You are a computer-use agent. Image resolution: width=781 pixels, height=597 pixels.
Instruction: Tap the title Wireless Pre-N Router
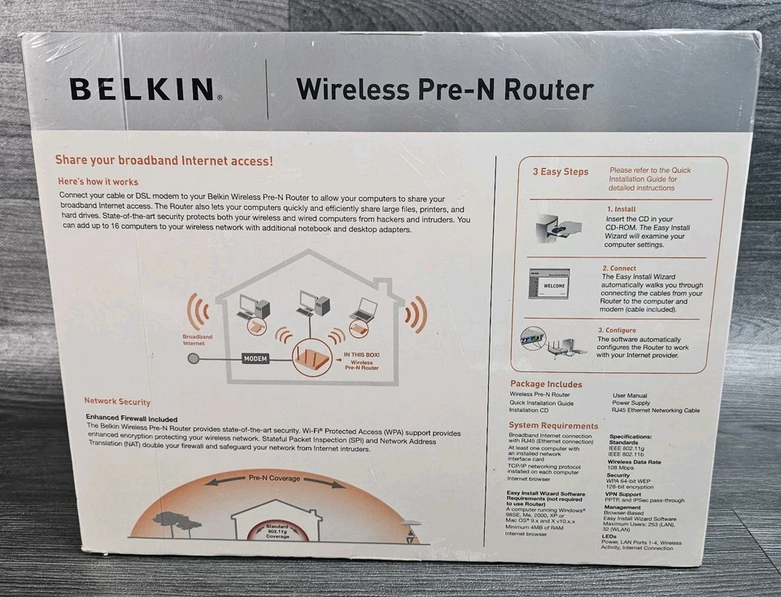click(444, 88)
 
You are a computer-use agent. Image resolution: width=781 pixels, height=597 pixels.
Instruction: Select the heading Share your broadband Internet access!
click(164, 160)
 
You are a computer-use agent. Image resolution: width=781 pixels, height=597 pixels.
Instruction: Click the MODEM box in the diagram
click(255, 358)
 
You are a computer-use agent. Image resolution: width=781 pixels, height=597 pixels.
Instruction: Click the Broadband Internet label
click(198, 340)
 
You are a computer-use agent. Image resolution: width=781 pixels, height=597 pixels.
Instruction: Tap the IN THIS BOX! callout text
click(362, 355)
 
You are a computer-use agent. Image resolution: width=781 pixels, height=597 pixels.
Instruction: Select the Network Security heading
click(117, 402)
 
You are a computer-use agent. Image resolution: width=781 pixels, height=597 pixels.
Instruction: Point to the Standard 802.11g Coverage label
click(277, 531)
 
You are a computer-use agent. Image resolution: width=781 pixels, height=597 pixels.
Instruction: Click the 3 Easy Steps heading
click(561, 172)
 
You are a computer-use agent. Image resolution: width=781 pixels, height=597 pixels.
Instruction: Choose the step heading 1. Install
click(621, 209)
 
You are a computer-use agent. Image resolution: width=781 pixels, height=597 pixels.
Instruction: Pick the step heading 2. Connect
click(619, 268)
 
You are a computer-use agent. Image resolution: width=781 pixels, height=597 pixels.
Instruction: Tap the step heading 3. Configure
click(621, 330)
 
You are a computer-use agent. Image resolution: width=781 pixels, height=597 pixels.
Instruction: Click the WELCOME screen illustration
click(549, 286)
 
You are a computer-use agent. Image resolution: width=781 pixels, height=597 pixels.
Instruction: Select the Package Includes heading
click(546, 384)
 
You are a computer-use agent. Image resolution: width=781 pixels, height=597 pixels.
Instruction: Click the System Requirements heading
click(553, 425)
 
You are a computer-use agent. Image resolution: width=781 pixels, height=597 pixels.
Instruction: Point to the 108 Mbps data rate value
click(622, 468)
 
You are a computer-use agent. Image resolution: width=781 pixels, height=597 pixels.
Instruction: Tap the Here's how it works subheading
click(98, 182)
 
